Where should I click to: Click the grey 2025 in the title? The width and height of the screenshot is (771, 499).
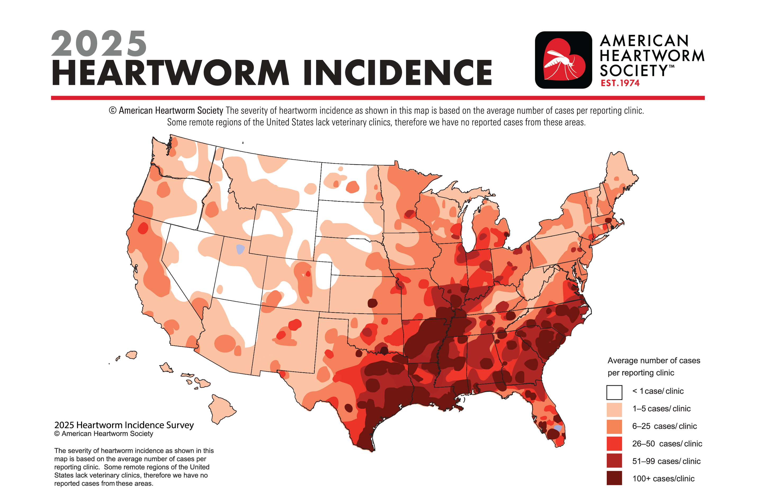click(x=99, y=44)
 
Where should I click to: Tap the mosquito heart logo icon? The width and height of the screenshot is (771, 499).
click(x=563, y=60)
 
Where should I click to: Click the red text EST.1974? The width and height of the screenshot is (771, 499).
click(x=620, y=83)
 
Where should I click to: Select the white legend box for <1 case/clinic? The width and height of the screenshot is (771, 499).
click(x=614, y=392)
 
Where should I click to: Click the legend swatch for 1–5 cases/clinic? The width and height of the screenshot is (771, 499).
click(x=614, y=410)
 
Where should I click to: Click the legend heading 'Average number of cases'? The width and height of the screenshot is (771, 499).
click(x=653, y=361)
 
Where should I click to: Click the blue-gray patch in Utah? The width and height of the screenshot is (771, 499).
click(x=240, y=249)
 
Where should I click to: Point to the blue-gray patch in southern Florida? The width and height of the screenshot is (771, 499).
click(x=557, y=428)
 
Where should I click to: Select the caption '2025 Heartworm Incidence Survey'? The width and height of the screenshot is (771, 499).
click(x=124, y=425)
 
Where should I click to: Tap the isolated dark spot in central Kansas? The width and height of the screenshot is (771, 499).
click(x=373, y=303)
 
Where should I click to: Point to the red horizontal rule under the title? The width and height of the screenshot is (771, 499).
click(x=378, y=98)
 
